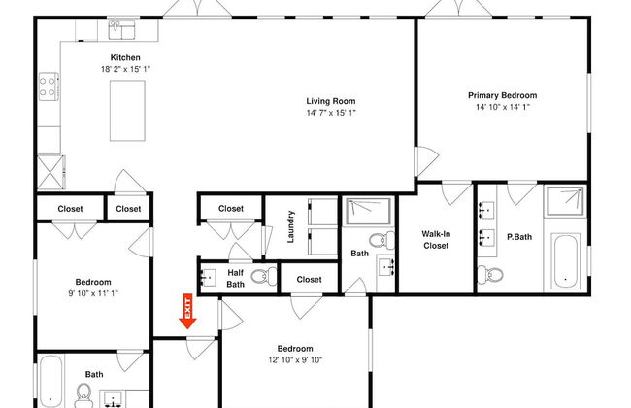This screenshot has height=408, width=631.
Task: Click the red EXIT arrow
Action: (187, 311)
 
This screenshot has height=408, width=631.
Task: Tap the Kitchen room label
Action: (125, 57)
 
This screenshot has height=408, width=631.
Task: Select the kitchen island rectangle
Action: (127, 111)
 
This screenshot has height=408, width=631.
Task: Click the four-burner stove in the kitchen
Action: (49, 86)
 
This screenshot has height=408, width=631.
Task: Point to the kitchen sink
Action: (122, 30)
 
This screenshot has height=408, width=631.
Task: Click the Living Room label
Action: (331, 101)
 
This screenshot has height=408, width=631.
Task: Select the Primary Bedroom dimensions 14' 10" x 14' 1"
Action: (503, 107)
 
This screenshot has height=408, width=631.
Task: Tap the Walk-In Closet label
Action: (436, 240)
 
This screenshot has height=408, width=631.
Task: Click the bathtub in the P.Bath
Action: (565, 260)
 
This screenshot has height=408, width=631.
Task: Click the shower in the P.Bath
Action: (565, 200)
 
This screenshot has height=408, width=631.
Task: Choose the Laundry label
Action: (290, 226)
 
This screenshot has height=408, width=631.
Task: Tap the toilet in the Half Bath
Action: (264, 276)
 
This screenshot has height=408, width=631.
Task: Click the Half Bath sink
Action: (208, 278)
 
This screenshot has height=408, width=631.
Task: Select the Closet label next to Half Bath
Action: (309, 279)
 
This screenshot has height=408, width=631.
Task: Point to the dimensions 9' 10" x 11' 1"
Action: (93, 293)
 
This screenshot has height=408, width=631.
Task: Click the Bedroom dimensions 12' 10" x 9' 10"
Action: (295, 360)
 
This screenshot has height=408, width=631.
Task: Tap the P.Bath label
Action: (519, 237)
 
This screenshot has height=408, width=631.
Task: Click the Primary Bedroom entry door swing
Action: (426, 161)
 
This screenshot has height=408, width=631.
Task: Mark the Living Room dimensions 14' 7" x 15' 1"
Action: (331, 113)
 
